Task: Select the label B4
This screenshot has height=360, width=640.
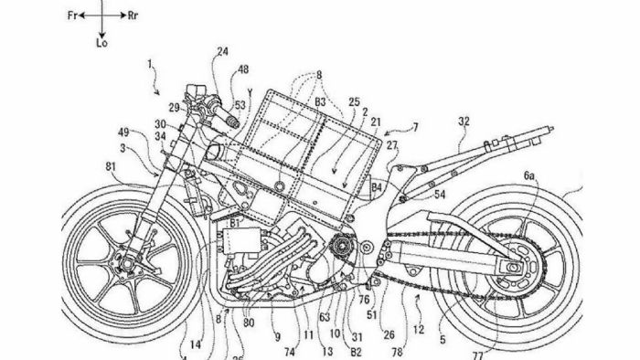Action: point(377,187)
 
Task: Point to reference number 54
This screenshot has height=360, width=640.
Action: point(441,195)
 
